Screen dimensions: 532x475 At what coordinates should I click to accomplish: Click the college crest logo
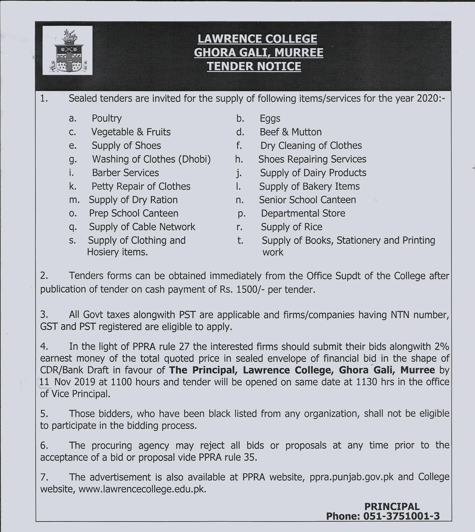pos(67,50)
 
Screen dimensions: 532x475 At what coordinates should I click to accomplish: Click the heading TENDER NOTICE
pos(254,66)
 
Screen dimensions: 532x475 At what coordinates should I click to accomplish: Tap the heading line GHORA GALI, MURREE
pos(258,52)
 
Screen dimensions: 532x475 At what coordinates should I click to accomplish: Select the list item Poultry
pos(107,118)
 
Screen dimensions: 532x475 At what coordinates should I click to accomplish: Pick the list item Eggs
pos(270,118)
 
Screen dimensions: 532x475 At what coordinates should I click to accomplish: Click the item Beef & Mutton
pos(290,132)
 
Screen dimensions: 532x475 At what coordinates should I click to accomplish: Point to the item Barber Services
pos(125,173)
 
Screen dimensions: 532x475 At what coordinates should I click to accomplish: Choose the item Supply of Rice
pos(292,227)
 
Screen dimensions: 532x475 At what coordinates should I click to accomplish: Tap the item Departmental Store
pos(303,213)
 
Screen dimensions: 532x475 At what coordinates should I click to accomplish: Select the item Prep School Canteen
pos(134,213)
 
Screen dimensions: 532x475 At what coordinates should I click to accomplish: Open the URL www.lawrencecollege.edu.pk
pos(142,489)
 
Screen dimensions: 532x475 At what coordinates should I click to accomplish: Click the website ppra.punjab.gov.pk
pos(352,477)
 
